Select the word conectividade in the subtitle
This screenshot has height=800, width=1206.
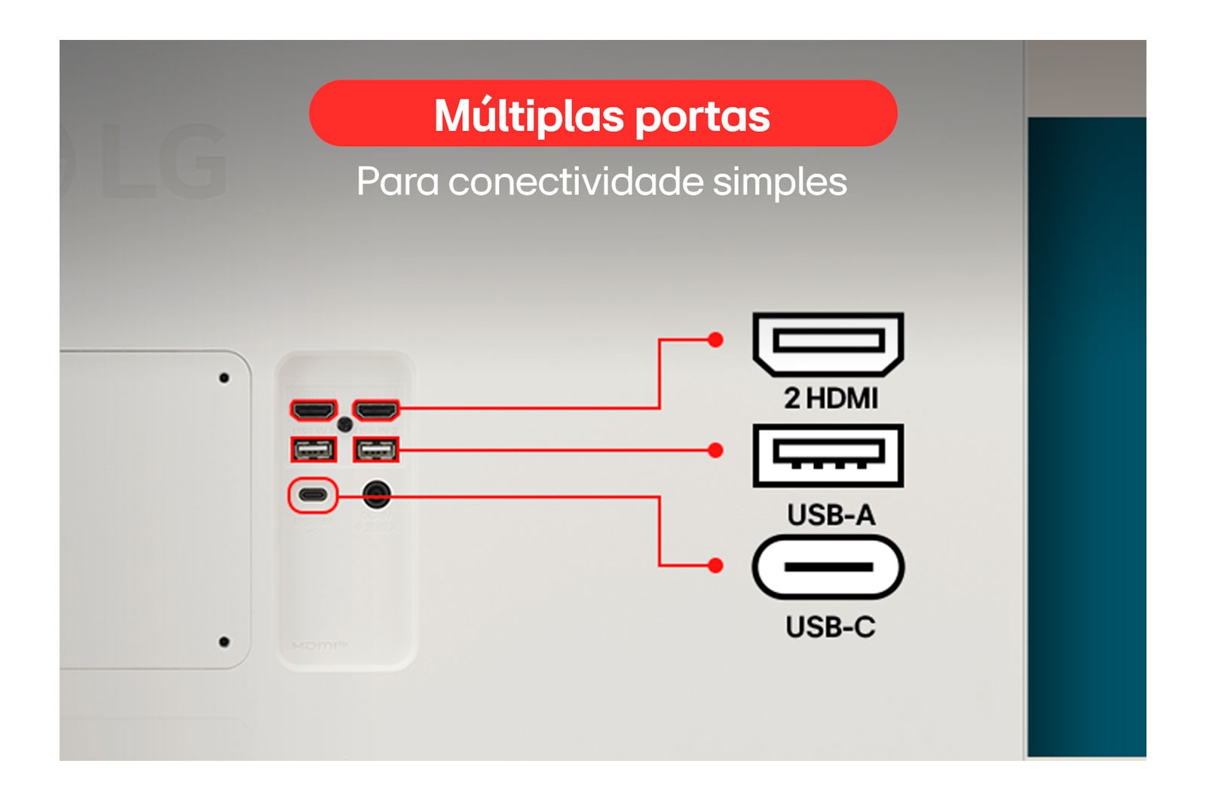point(576,182)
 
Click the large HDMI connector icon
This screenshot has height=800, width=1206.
point(828,344)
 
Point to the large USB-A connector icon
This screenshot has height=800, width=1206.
point(828,456)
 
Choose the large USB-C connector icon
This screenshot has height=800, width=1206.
point(828,567)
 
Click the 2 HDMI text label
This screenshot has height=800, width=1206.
point(831,398)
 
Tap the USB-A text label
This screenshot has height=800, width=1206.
point(831,515)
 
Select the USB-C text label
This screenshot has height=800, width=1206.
point(831,627)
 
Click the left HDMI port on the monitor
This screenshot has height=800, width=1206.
point(314,411)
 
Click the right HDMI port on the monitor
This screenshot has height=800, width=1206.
point(376,411)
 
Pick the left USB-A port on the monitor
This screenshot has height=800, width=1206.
point(314,450)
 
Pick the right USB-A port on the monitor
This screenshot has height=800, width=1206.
point(376,450)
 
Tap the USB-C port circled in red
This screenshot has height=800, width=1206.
point(313,494)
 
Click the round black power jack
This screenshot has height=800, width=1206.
point(376,494)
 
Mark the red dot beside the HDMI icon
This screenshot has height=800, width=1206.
point(715,340)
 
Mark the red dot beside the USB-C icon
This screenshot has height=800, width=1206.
point(715,566)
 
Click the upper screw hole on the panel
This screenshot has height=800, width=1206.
point(225,378)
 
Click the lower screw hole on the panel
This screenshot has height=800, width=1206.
point(225,642)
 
